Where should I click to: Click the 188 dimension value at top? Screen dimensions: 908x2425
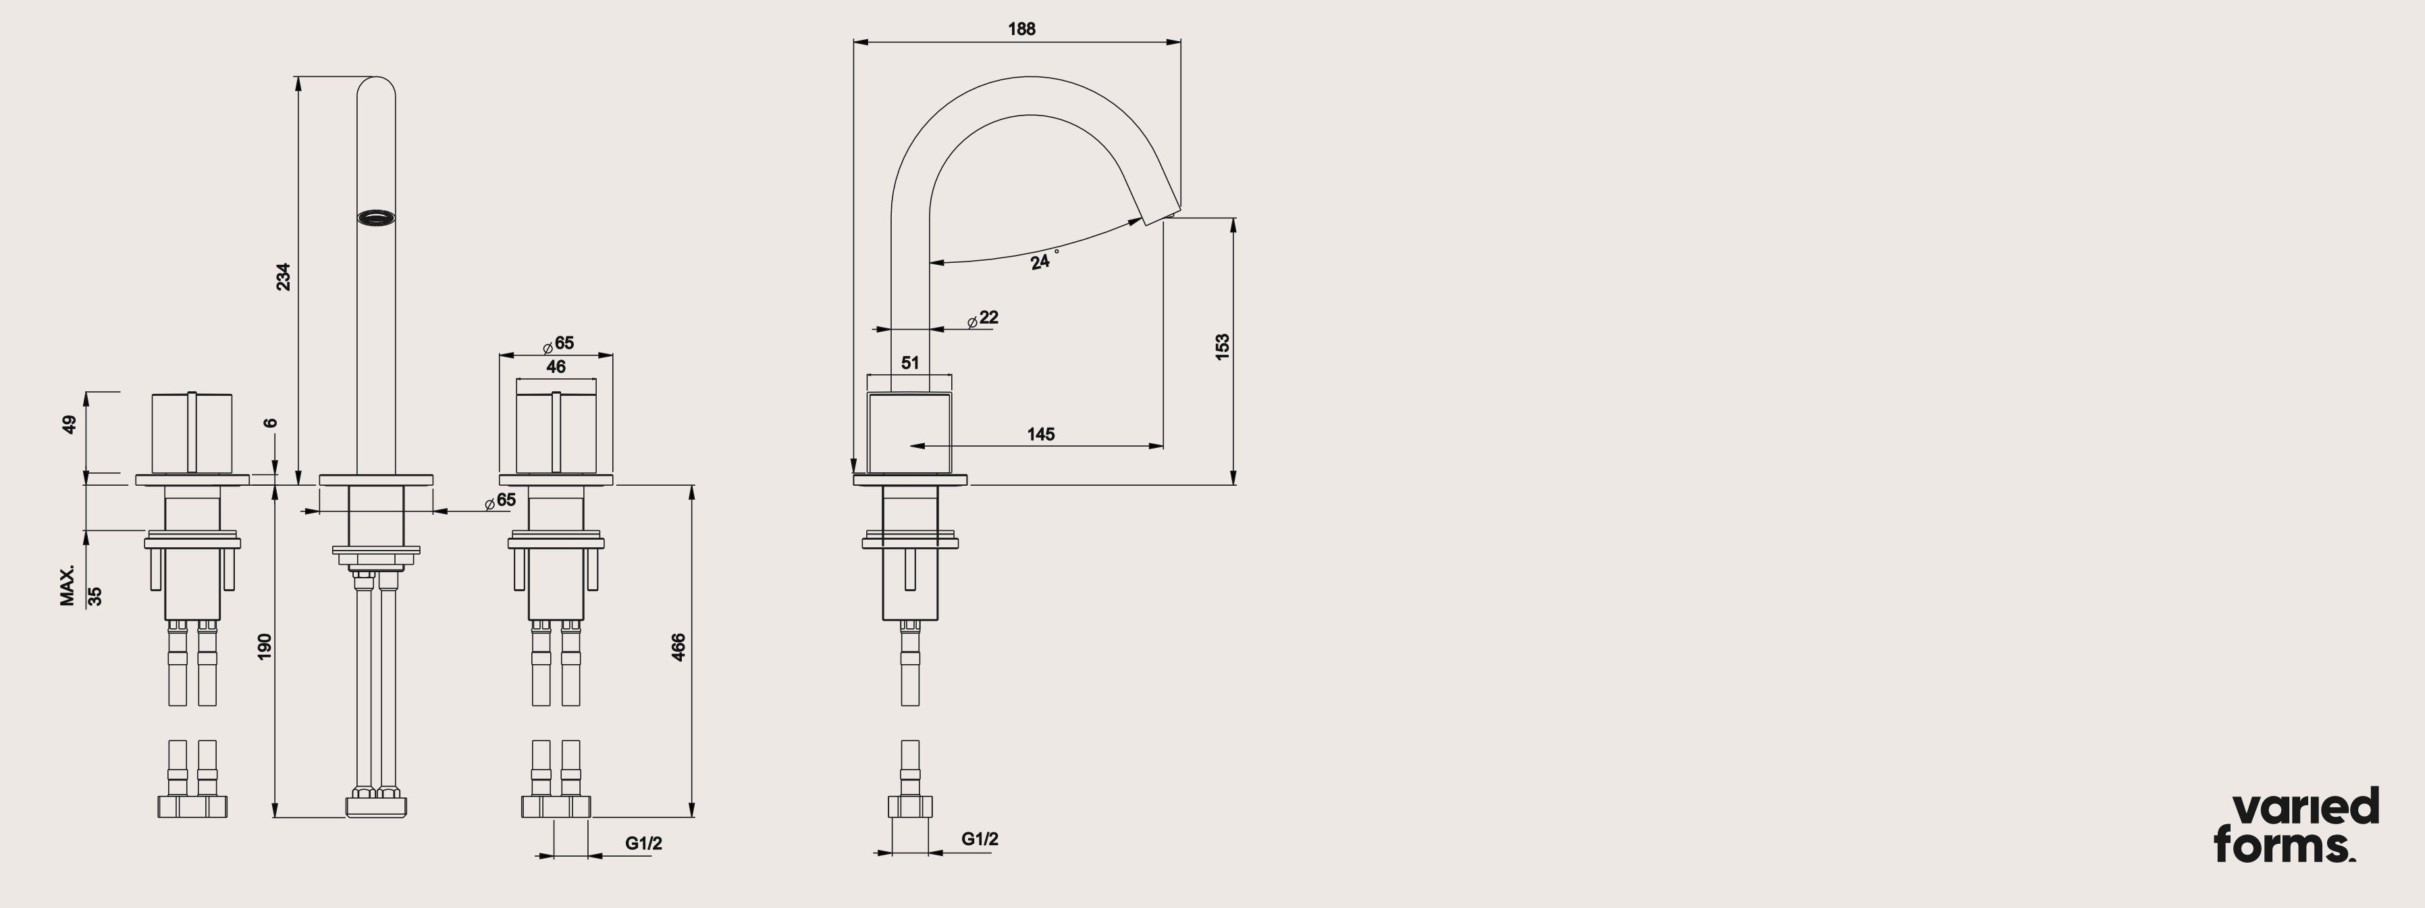click(x=1021, y=29)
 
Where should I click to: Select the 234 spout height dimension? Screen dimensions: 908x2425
click(x=282, y=276)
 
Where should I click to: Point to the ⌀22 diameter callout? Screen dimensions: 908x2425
click(x=983, y=318)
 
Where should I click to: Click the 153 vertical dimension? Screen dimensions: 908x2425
click(x=1222, y=346)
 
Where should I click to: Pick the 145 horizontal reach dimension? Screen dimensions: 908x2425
click(x=1040, y=434)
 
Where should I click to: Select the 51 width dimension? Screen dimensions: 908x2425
click(x=909, y=363)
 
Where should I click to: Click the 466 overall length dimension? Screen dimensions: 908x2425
click(x=678, y=647)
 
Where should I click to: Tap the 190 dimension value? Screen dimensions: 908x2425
click(x=265, y=646)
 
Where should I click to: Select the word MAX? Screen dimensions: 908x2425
click(x=67, y=586)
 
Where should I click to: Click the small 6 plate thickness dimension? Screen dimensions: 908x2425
click(x=271, y=423)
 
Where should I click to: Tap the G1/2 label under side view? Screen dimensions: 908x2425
click(x=979, y=838)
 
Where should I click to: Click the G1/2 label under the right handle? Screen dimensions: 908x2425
click(x=643, y=843)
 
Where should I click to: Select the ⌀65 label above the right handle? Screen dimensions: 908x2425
click(x=558, y=344)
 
